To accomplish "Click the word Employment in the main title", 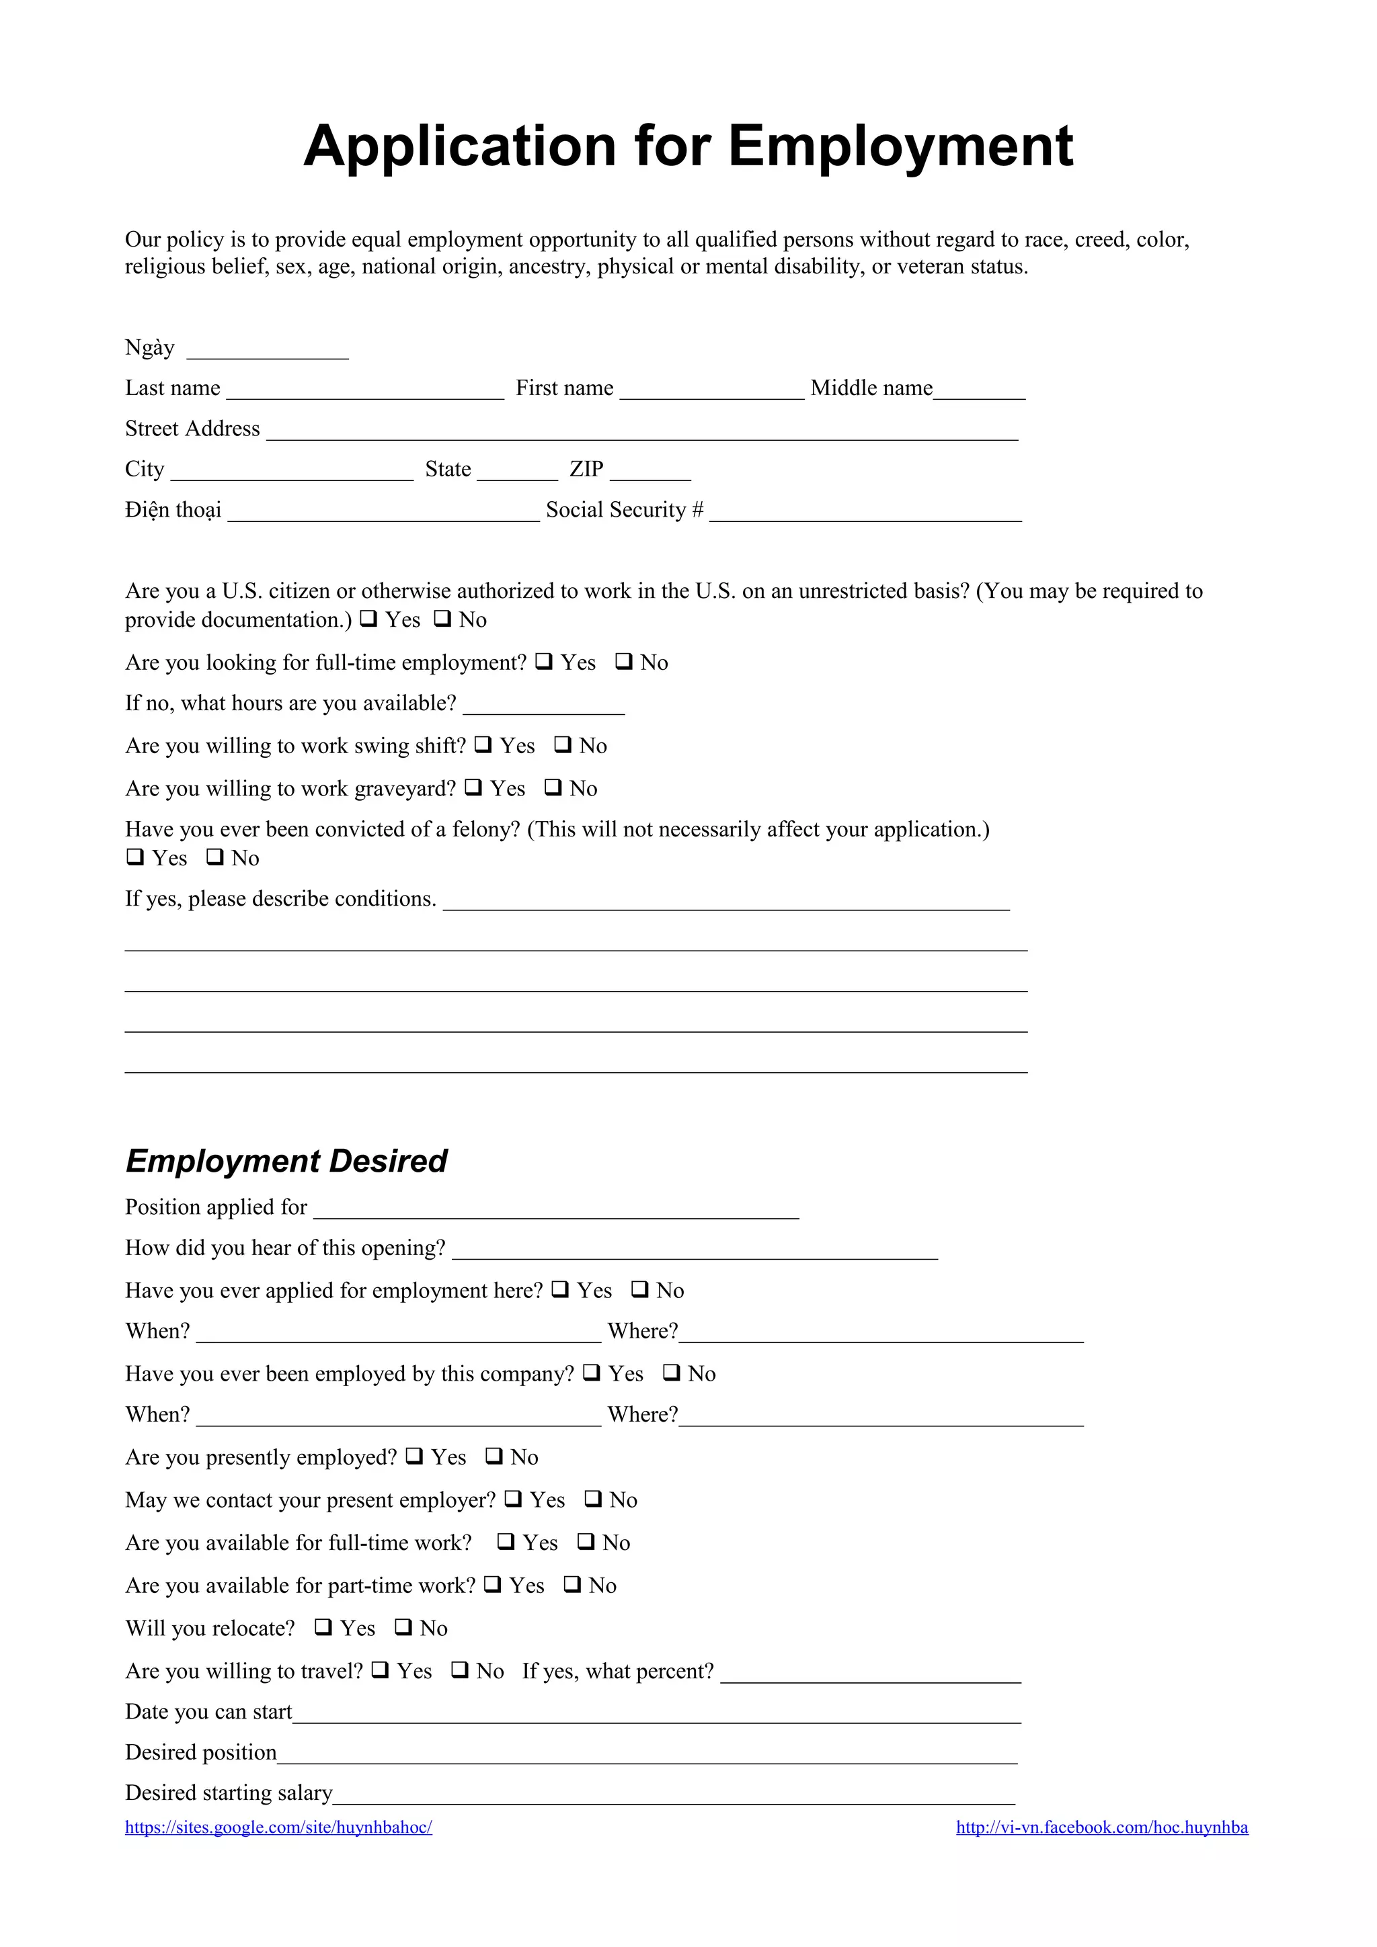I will tap(900, 146).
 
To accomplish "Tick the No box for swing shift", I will tap(563, 744).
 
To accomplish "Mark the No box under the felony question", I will tap(216, 857).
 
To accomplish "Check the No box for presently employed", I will tap(494, 1456).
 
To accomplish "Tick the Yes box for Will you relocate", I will tap(323, 1627).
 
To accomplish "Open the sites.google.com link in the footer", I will tap(278, 1827).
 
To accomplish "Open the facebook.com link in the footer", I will tap(1101, 1827).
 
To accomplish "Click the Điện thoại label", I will tap(173, 510).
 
